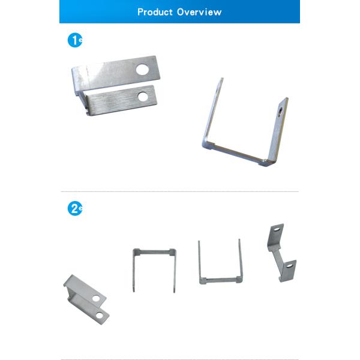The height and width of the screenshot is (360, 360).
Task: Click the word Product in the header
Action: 155,12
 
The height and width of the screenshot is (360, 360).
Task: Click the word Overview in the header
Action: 199,12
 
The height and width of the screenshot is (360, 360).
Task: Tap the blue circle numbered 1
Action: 75,40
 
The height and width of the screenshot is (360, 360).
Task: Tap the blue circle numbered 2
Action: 75,208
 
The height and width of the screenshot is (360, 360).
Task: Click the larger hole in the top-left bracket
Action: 142,70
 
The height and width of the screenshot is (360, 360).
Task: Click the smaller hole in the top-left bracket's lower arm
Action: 143,97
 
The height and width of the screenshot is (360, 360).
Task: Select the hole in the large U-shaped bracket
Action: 281,112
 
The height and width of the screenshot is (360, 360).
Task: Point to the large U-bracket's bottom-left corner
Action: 204,145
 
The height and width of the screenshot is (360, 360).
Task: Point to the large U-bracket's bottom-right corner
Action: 266,164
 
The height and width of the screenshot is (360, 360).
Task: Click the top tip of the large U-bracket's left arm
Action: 222,78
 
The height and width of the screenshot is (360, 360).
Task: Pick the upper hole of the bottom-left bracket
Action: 96,298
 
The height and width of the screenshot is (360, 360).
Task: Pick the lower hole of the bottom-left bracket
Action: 100,316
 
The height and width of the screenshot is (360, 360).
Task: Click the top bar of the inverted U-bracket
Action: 155,252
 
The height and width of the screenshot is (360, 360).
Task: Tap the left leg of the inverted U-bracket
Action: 134,271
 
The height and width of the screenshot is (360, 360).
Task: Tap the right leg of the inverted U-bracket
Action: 175,271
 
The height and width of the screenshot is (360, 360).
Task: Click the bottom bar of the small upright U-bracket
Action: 221,280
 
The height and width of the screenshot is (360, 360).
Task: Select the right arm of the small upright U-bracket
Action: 240,259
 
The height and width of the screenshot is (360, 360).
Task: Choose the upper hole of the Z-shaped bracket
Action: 277,229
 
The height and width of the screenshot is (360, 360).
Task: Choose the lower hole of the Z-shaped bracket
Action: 290,266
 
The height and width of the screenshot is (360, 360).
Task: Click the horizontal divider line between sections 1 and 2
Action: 179,191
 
